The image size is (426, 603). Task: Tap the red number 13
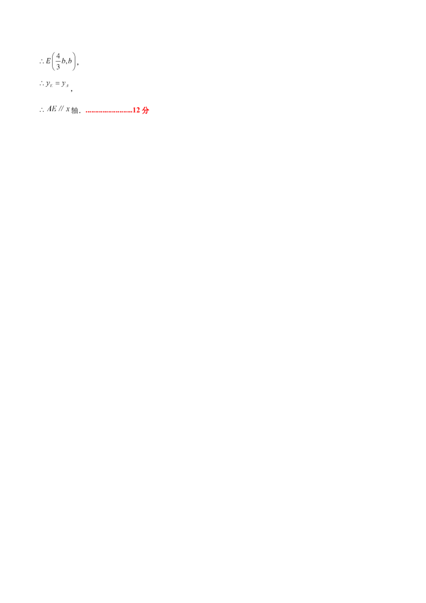coord(136,109)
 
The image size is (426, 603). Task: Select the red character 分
coord(145,110)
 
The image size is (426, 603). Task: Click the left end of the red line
coord(86,112)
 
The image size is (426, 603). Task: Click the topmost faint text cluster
coord(60,61)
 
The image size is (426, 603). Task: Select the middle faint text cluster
coord(53,84)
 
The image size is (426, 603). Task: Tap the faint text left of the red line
coord(55,110)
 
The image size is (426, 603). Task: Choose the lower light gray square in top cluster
coord(66,66)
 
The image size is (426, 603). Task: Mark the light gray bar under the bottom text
coord(51,113)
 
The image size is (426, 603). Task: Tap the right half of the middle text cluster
coord(64,84)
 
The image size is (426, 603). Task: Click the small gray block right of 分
coord(151,109)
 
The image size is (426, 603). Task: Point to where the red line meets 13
coord(132,111)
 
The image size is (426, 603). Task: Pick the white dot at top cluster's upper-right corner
coord(75,53)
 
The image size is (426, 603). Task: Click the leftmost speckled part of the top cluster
coord(46,62)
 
